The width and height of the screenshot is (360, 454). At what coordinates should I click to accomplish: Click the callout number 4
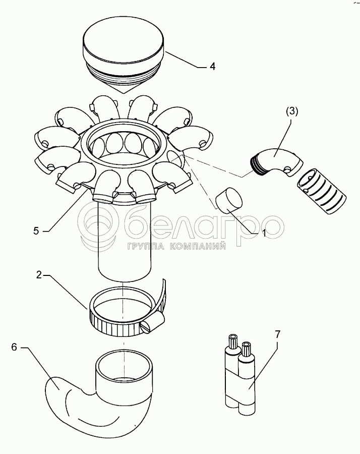pyautogui.click(x=212, y=67)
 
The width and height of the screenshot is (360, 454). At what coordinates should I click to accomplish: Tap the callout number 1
pyautogui.click(x=264, y=233)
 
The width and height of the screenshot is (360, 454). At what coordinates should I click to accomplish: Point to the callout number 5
pyautogui.click(x=36, y=231)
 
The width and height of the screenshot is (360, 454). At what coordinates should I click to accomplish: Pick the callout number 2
pyautogui.click(x=39, y=275)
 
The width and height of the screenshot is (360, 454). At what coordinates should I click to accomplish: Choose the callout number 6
pyautogui.click(x=14, y=347)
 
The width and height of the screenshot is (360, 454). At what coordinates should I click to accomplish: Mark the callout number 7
pyautogui.click(x=277, y=334)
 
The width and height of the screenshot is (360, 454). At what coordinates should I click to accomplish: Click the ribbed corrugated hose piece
pyautogui.click(x=321, y=192)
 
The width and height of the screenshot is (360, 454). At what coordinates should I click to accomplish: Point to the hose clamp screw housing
pyautogui.click(x=153, y=323)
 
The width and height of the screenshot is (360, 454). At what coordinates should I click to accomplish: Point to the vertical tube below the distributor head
pyautogui.click(x=125, y=240)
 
